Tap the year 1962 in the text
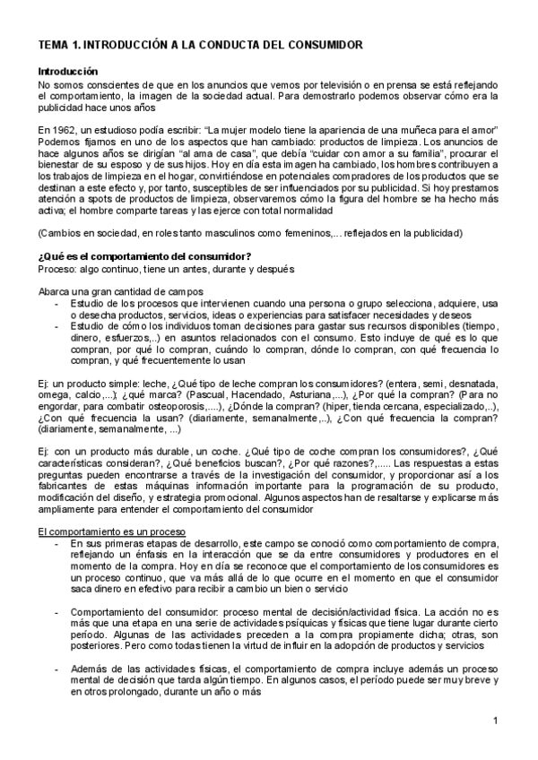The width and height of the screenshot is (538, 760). [64, 131]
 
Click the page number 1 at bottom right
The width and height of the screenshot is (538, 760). [495, 721]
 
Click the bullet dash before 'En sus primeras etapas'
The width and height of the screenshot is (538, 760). [58, 543]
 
